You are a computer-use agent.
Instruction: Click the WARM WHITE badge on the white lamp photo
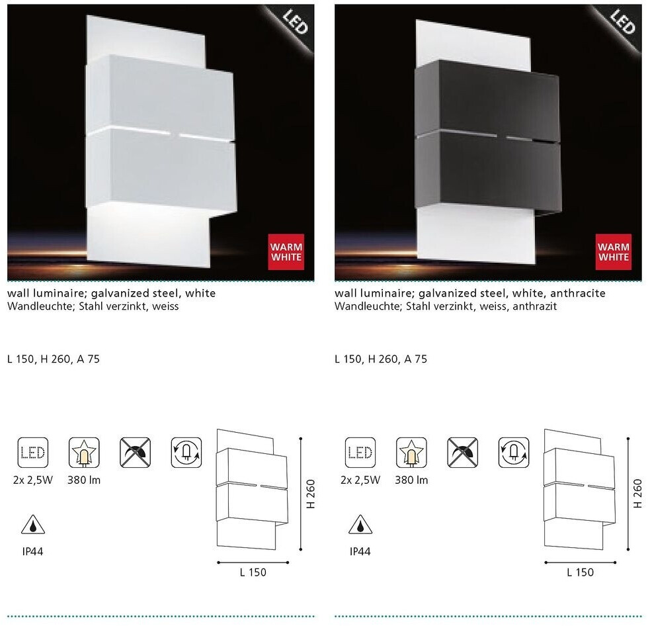click(286, 252)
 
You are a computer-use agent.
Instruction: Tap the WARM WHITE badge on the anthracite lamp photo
click(614, 252)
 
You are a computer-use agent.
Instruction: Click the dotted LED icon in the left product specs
click(33, 453)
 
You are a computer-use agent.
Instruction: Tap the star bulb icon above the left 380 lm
click(85, 453)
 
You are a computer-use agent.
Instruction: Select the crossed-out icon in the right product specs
click(462, 453)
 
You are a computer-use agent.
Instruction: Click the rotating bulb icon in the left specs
click(186, 453)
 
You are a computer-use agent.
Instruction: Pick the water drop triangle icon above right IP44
click(360, 525)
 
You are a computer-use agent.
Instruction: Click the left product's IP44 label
click(32, 552)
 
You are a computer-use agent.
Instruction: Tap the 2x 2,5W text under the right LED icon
click(360, 480)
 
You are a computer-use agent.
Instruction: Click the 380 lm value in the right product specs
click(411, 480)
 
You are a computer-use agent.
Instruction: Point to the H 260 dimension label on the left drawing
click(311, 494)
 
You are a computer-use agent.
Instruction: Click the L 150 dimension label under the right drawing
click(581, 572)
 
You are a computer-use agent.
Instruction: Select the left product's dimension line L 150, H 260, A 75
click(54, 359)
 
